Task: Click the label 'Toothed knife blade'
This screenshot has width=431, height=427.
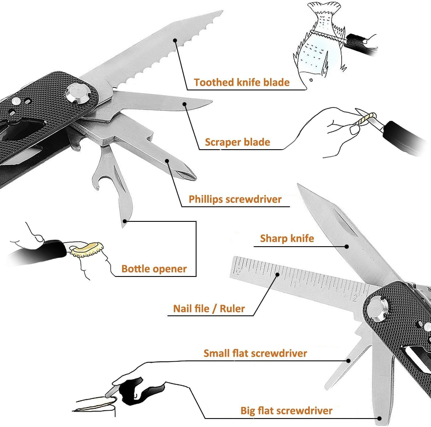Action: coord(242,82)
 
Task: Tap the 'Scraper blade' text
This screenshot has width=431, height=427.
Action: coord(237,142)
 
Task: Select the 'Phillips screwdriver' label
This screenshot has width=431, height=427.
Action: coord(235,199)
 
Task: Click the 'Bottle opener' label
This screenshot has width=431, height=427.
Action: coord(154,269)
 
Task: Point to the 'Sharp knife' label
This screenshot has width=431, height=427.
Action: coord(287,238)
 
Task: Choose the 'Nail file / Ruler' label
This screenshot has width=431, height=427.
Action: coord(209,309)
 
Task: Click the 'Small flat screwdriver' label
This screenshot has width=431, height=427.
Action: coord(255,353)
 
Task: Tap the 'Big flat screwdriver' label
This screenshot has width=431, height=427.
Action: coord(286,411)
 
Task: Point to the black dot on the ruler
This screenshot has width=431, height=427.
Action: coord(277,274)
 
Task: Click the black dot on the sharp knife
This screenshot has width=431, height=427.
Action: coord(347,247)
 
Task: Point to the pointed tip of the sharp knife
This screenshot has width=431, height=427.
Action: coord(299,186)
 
